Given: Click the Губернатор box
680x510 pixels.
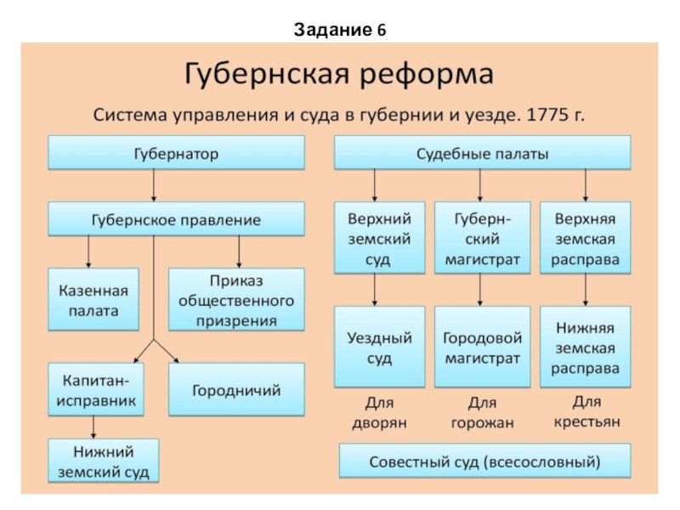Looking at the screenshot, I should pyautogui.click(x=176, y=155).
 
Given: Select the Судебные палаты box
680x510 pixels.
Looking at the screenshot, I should pyautogui.click(x=482, y=155).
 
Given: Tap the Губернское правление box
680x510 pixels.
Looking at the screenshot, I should pyautogui.click(x=176, y=219).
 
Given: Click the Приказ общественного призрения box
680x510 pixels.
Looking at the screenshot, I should pyautogui.click(x=236, y=300).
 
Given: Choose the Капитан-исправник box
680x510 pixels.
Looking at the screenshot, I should pyautogui.click(x=96, y=388).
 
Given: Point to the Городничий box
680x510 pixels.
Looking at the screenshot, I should pyautogui.click(x=236, y=389).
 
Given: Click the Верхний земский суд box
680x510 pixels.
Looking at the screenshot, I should pyautogui.click(x=379, y=238).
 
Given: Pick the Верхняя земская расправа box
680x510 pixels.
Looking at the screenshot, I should pyautogui.click(x=586, y=238).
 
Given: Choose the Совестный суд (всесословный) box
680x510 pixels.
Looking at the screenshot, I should pyautogui.click(x=484, y=462).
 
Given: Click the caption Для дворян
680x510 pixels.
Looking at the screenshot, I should pyautogui.click(x=379, y=411).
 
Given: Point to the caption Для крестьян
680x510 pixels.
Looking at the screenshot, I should pyautogui.click(x=586, y=411).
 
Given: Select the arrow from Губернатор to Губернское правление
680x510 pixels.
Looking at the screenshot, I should pyautogui.click(x=154, y=185).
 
